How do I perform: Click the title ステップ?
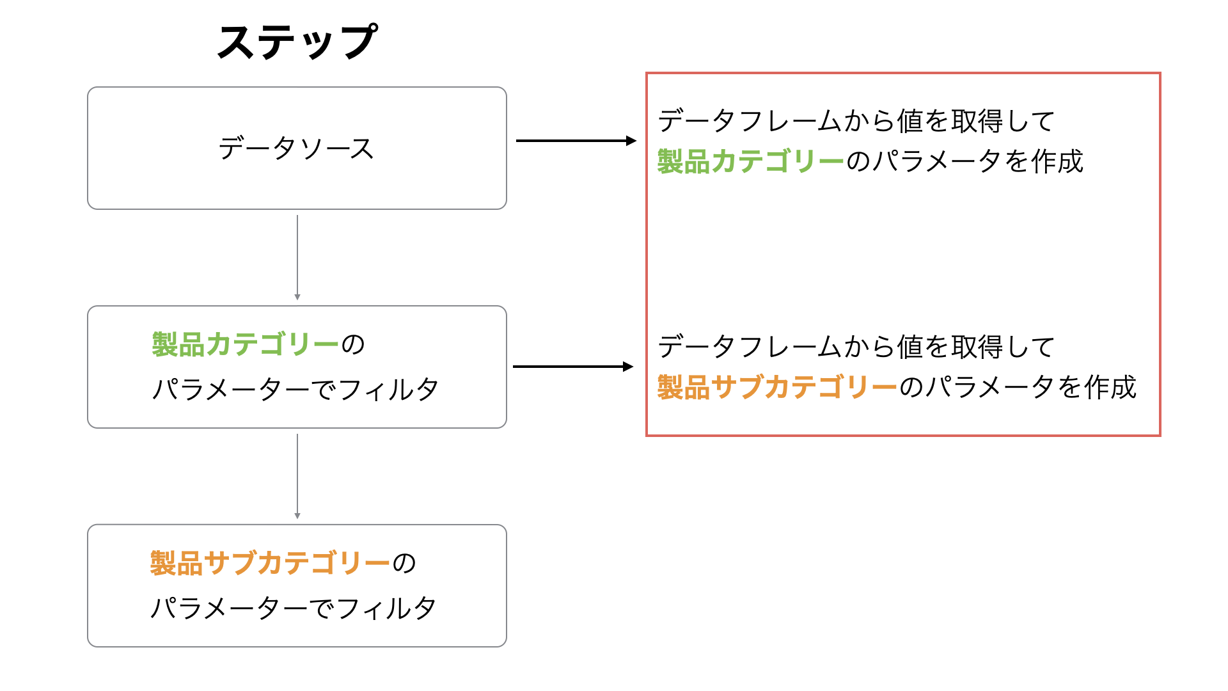coord(297,42)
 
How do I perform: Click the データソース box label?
coord(296,148)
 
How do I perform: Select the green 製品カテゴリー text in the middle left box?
coord(246,344)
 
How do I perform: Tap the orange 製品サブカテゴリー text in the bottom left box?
coord(270,563)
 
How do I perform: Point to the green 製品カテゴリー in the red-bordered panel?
coord(751,161)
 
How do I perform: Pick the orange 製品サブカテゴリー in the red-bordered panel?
coord(778,387)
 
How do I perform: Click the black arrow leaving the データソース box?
coord(576,141)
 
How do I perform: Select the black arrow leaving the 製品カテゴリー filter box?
coord(573,367)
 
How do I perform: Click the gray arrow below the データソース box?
coord(297,258)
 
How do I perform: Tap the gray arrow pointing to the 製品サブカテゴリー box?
coord(297,477)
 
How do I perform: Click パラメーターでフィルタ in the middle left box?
coord(295,389)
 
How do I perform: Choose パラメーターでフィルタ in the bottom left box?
coord(294,608)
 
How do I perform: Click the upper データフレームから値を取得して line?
coord(856,121)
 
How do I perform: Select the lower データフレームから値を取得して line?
coord(856,347)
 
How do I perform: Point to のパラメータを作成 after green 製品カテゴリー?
coord(965,161)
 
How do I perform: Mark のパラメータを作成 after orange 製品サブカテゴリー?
coord(1018,387)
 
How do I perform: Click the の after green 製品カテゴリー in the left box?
coord(353,345)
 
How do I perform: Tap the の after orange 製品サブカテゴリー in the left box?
coord(404,564)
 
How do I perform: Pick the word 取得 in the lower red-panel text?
coord(977,347)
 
